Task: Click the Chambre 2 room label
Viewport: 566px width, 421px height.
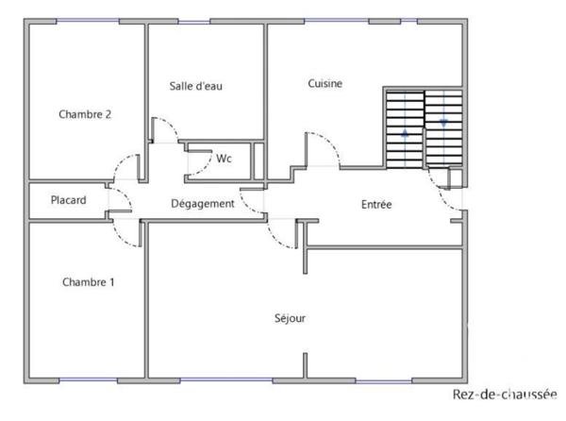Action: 85,114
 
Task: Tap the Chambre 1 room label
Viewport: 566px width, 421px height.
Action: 88,281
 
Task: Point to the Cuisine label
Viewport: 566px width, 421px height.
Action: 325,83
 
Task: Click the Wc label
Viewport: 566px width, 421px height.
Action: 224,159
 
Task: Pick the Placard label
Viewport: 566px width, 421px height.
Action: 69,200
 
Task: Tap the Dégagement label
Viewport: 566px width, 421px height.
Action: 202,204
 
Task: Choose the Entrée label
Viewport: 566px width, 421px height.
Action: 376,204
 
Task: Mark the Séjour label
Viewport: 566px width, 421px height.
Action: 290,318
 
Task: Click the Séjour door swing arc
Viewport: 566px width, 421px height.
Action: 281,234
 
